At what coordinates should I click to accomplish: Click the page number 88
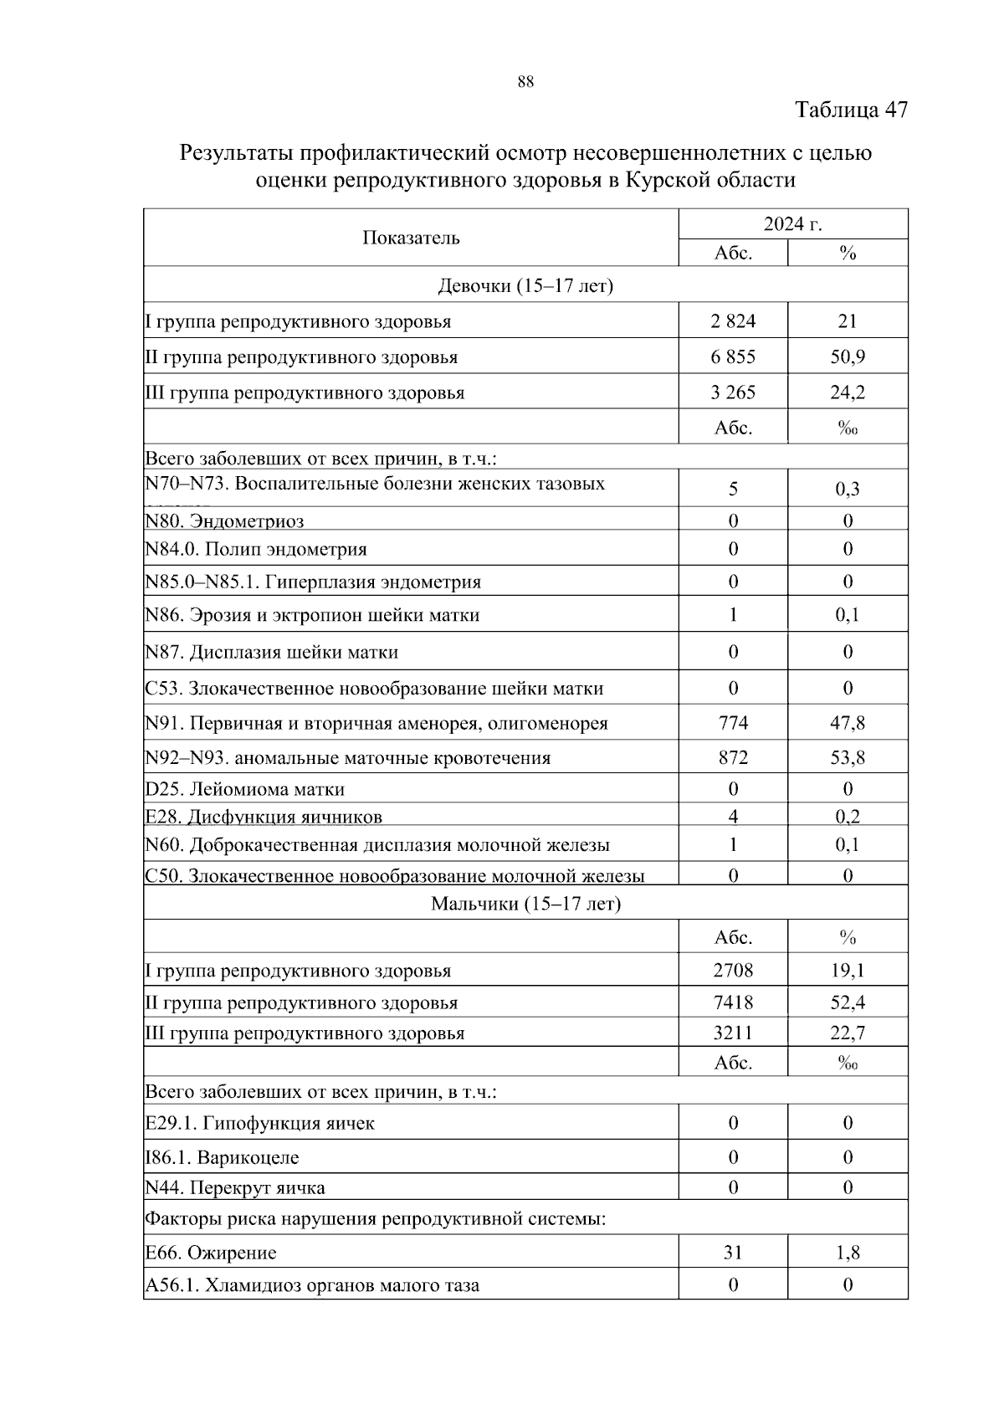click(x=525, y=82)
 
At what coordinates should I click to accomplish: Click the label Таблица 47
click(x=851, y=110)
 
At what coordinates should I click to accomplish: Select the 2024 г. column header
click(x=792, y=224)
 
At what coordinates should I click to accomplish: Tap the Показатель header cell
click(x=411, y=238)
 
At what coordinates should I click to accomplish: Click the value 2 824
click(x=733, y=321)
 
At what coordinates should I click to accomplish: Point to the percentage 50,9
click(x=848, y=357)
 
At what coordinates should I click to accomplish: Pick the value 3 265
click(x=733, y=392)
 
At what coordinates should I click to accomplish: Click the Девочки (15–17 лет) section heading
click(x=525, y=286)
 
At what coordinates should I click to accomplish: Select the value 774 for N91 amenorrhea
click(x=733, y=723)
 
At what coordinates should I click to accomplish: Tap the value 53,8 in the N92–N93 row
click(x=848, y=758)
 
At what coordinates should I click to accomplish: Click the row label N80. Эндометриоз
click(x=224, y=521)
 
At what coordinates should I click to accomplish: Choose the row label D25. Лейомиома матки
click(x=244, y=789)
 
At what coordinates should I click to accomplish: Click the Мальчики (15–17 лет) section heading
click(x=525, y=905)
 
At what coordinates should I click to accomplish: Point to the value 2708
click(x=733, y=971)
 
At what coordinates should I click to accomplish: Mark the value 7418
click(x=733, y=1002)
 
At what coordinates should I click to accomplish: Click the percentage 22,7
click(x=848, y=1033)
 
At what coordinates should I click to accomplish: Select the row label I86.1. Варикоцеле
click(x=222, y=1158)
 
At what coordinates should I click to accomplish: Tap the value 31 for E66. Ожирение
click(x=733, y=1253)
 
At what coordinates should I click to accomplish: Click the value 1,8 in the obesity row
click(x=848, y=1253)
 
